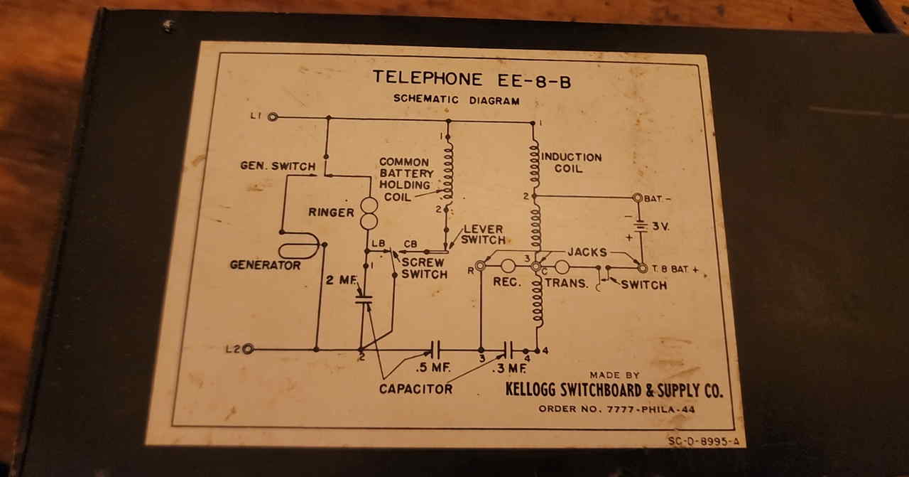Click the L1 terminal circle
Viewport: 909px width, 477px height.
coord(272,117)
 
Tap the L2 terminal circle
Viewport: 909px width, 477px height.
coord(248,349)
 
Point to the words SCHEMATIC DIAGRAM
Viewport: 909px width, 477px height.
coord(456,100)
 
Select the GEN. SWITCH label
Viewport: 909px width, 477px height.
coord(278,166)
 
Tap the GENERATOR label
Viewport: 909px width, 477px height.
coord(265,265)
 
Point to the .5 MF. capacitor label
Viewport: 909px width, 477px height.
coord(431,369)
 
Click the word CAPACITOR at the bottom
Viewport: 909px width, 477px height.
coord(415,389)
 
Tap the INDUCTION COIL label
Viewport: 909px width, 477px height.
coord(572,163)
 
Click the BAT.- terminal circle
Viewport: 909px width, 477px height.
coord(637,198)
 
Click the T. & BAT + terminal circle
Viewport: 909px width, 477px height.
coord(642,268)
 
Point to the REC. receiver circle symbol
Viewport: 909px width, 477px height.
coord(508,267)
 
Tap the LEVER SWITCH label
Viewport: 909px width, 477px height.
coord(483,235)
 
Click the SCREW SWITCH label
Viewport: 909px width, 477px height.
coord(425,269)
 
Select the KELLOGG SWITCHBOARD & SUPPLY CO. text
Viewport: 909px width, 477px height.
coord(614,390)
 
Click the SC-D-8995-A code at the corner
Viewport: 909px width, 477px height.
coord(703,441)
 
